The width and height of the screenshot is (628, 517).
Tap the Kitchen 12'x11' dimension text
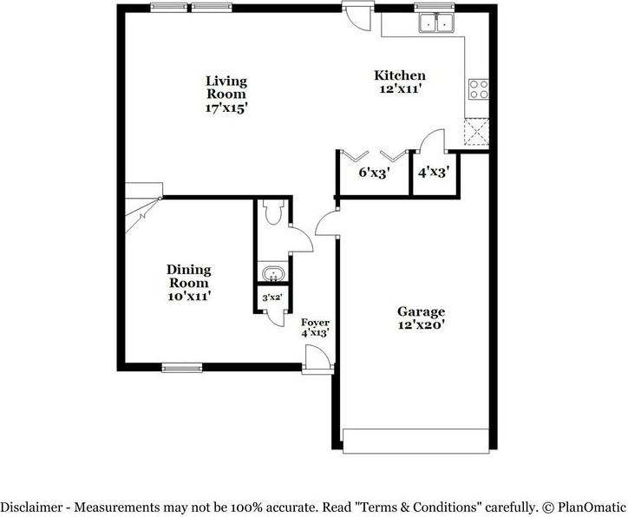click(400, 88)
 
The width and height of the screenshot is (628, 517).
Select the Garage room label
click(421, 311)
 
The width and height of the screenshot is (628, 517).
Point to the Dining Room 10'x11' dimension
click(189, 297)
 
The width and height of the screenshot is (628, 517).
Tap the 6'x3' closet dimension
click(374, 172)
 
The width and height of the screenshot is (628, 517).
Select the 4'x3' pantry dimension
click(432, 172)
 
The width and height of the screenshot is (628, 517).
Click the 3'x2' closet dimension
click(271, 298)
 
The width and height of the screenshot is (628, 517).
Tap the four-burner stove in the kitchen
click(477, 88)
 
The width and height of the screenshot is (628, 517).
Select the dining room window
click(182, 367)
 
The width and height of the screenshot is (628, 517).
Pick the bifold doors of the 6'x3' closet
click(374, 154)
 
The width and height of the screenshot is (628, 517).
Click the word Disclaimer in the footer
click(30, 506)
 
